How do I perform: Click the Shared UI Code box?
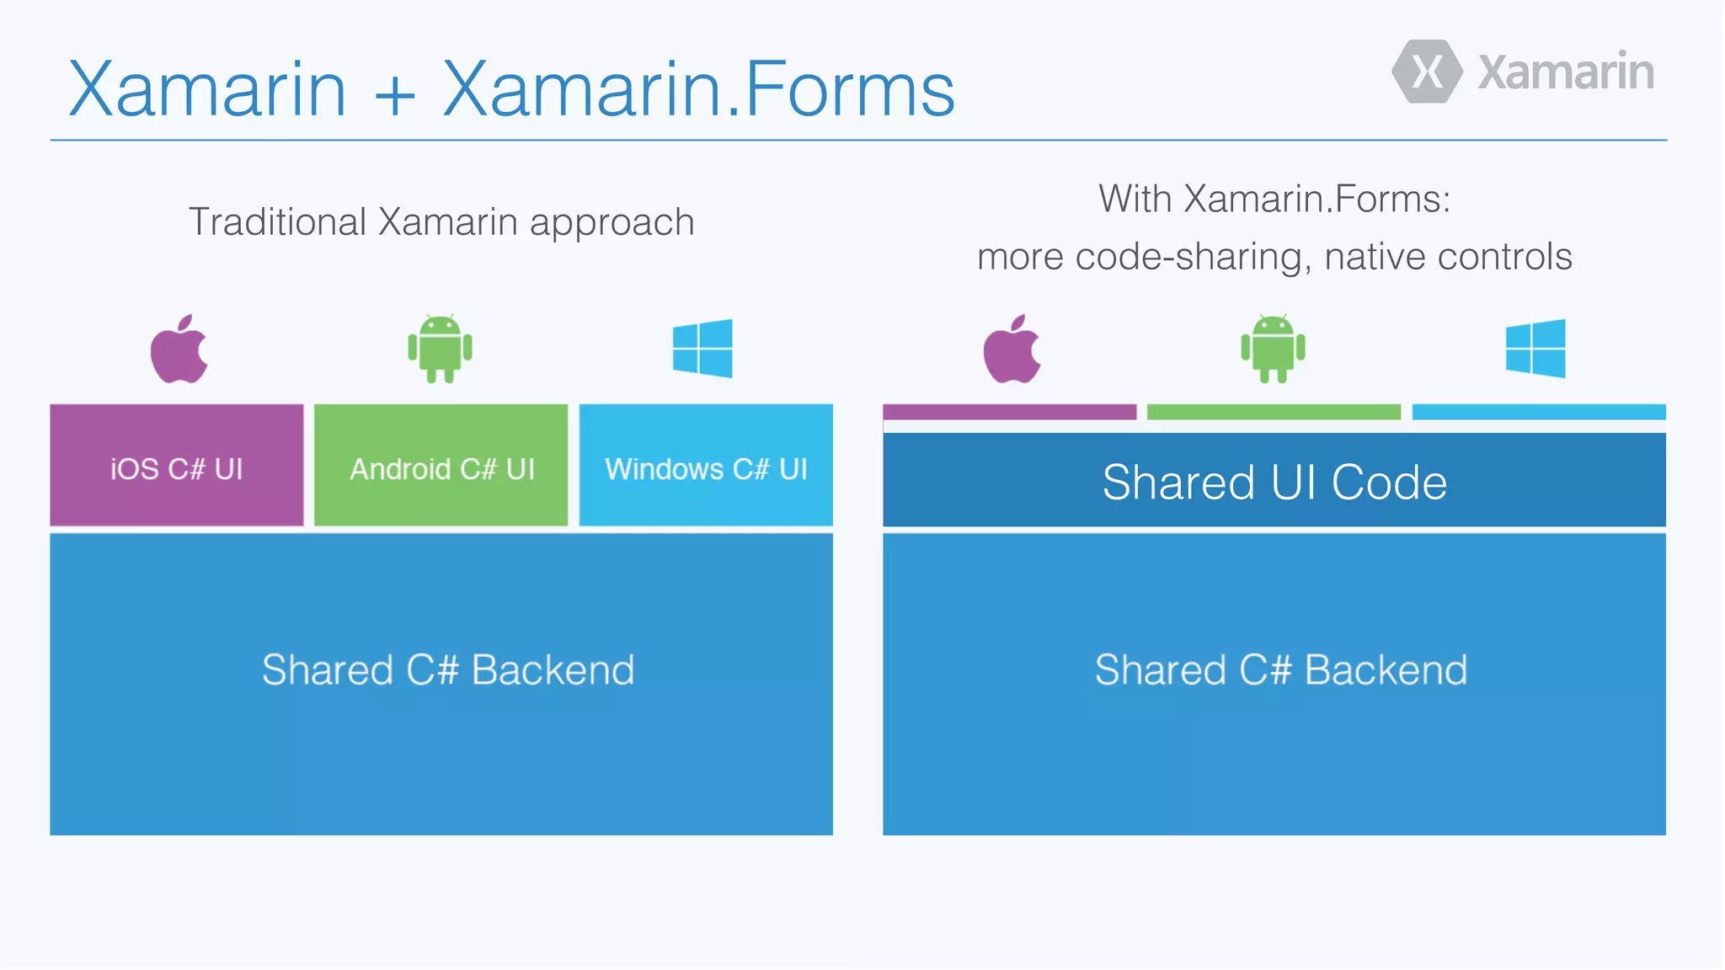(1274, 481)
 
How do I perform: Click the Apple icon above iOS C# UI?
(179, 349)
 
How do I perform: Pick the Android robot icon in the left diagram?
(440, 349)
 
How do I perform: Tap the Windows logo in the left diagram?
(702, 348)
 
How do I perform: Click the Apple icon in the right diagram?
(1012, 349)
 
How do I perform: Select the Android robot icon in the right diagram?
(1273, 349)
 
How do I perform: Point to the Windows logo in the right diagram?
(1535, 348)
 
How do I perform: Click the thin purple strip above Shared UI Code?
(1009, 412)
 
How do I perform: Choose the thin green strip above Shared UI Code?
(1274, 412)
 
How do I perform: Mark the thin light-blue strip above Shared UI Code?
(1539, 412)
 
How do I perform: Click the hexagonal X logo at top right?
(1427, 72)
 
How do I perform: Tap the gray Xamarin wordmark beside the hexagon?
(1566, 72)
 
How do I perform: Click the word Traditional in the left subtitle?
(277, 222)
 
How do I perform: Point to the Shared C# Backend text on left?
(447, 670)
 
